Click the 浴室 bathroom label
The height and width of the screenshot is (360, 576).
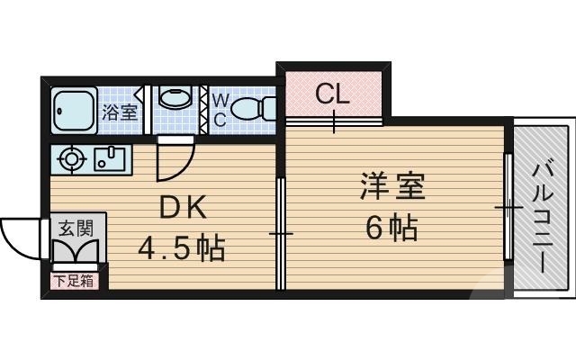point(120,112)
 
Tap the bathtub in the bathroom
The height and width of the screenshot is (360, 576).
point(73,110)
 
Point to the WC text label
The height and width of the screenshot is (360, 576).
point(220,110)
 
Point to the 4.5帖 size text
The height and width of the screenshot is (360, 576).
point(181,245)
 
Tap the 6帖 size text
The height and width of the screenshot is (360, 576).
point(391,229)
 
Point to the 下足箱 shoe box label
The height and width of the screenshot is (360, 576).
point(73,281)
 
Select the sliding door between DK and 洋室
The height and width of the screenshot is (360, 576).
point(281,234)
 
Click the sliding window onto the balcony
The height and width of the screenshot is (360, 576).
point(508,209)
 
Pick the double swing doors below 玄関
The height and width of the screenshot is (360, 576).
point(77,255)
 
